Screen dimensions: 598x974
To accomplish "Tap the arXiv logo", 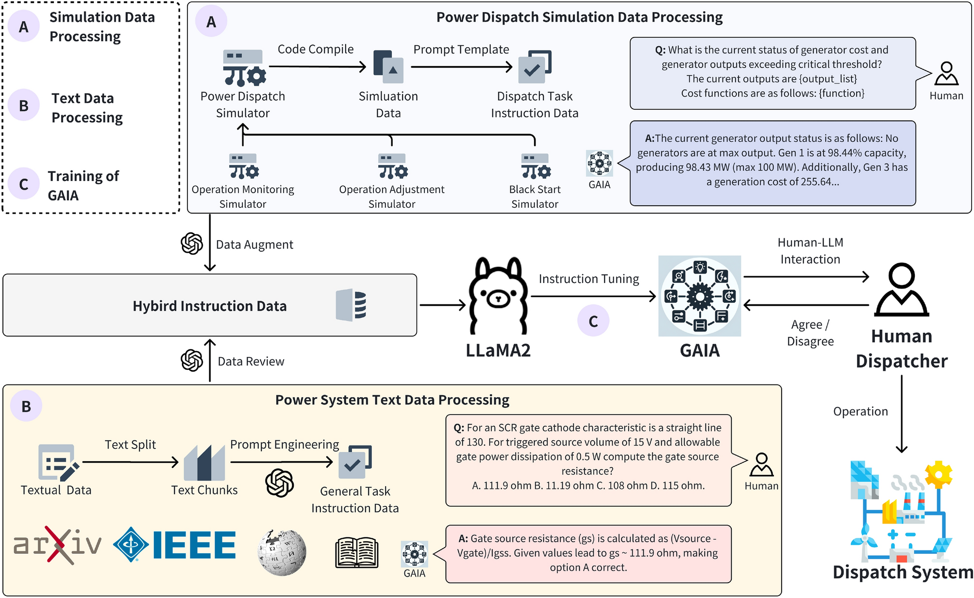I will pos(57,545).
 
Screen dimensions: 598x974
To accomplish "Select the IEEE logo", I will pos(175,545).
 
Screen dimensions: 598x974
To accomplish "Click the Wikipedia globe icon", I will pos(282,552).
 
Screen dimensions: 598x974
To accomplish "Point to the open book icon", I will pos(357,552).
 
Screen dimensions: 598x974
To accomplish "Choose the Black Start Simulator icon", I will pos(536,166).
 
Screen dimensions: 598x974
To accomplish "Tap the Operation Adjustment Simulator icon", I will pos(392,166).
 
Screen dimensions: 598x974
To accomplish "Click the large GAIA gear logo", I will pos(700,296).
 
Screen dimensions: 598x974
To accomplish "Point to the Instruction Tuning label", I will pos(588,279).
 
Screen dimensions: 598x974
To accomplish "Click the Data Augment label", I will pos(254,245).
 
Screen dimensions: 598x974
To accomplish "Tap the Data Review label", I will pos(251,362).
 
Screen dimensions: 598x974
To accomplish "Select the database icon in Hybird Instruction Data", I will pos(351,305).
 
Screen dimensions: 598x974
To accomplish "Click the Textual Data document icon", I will pos(57,463).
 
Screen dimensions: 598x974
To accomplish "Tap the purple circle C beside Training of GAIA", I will pos(23,184).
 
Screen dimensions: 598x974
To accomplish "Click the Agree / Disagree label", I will pos(810,333).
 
